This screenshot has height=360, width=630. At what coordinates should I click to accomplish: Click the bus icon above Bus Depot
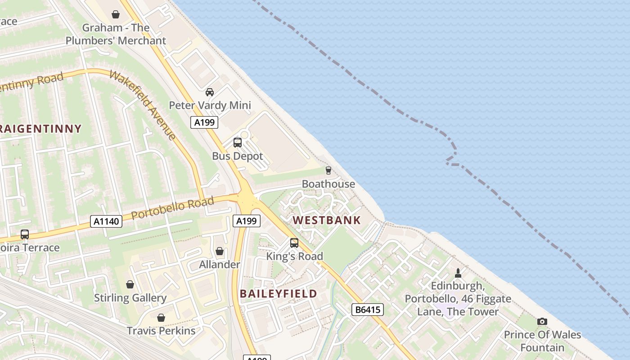point(237,143)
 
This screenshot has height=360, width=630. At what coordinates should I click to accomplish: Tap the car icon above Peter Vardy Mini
point(209,92)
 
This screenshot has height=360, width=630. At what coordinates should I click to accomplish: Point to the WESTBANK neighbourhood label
point(327,220)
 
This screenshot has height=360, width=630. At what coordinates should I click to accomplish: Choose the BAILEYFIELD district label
point(278,294)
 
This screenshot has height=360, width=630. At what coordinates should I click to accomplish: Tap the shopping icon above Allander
point(220,251)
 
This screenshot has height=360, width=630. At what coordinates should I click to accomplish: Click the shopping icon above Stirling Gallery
point(130,284)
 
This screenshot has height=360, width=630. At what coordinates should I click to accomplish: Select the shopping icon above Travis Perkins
point(161,318)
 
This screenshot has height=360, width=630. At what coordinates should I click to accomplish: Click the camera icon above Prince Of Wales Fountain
point(542,321)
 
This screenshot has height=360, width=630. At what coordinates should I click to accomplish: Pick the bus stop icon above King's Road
point(294,243)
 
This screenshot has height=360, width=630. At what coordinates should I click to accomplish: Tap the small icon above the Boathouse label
point(328,170)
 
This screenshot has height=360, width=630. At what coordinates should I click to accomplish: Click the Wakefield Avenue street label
point(142,105)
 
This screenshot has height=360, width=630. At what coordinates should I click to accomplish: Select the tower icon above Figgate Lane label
point(458,273)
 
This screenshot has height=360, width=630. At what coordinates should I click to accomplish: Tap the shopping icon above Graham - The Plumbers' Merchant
point(116,14)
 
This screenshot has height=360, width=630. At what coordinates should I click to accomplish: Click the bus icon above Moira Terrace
point(25,234)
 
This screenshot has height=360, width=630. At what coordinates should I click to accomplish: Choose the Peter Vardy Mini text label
point(210,105)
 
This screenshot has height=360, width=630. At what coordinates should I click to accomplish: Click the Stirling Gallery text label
point(130,298)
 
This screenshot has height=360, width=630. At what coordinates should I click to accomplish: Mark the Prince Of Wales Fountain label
point(542,341)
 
